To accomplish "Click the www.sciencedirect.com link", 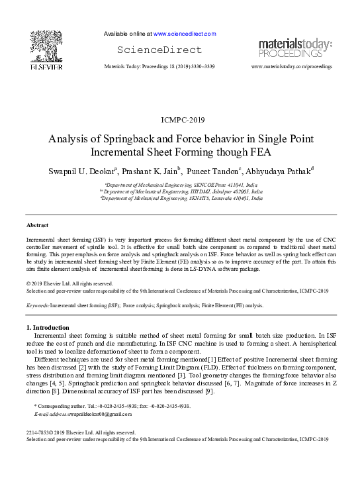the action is [185, 33].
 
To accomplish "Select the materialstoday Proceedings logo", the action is [295, 47].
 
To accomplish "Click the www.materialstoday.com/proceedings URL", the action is [292, 67].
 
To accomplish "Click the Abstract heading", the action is [37, 225].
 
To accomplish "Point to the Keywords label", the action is [37, 305].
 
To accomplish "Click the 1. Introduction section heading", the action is [48, 328].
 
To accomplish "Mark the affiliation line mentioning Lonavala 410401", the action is [181, 198].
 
